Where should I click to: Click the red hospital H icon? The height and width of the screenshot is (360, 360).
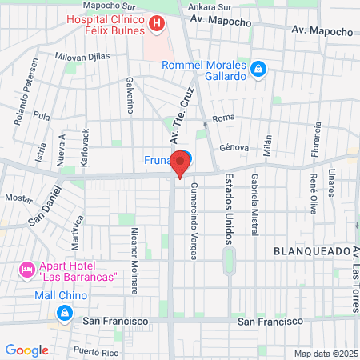[x=158, y=25]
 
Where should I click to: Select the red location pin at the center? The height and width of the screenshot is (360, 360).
[x=181, y=164]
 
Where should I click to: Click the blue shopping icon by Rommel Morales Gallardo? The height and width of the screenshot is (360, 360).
[x=258, y=70]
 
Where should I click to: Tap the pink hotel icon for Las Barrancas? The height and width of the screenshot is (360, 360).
[x=26, y=270]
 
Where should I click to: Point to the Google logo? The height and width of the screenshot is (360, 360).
[x=26, y=350]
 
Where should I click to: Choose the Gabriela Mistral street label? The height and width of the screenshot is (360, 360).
[x=254, y=205]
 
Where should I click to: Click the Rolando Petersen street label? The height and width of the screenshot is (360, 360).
[x=24, y=82]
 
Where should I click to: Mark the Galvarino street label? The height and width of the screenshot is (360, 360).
[x=129, y=96]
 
